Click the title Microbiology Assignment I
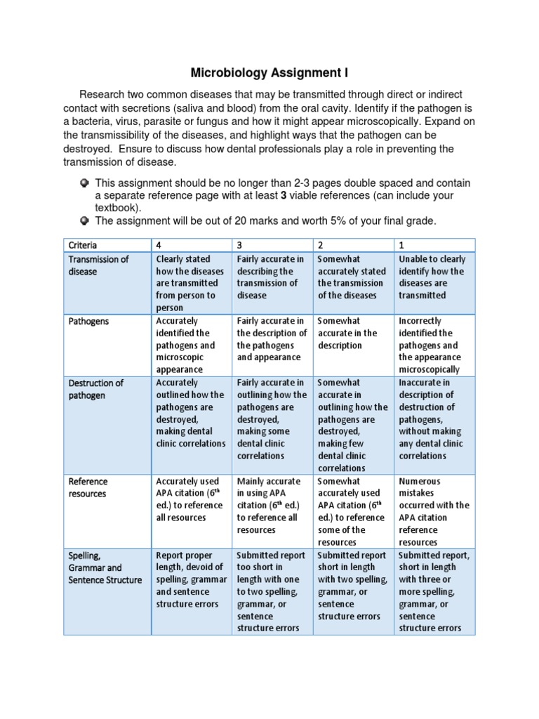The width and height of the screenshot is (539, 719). coord(270,73)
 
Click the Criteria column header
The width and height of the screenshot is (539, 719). coord(83,245)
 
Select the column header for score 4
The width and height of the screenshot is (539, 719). coord(159,245)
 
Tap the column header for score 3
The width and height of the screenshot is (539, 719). coord(240,245)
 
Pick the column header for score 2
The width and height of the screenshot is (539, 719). coord(321,245)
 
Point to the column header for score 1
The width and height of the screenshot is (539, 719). coord(401,245)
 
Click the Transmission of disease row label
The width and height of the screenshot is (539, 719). coord(98,265)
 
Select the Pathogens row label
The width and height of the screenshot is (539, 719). coord(88,321)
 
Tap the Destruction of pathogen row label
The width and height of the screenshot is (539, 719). coord(95,389)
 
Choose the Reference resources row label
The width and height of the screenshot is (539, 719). coord(88,487)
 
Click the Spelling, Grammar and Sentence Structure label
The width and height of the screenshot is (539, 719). coord(105,567)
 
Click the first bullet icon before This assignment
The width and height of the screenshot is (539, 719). coord(84,183)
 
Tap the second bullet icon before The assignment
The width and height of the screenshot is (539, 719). coord(84,221)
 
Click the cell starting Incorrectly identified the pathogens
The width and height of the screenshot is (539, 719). coord(430,345)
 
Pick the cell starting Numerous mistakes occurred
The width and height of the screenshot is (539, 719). coord(434,511)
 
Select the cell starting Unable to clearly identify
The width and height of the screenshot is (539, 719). coord(432,277)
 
